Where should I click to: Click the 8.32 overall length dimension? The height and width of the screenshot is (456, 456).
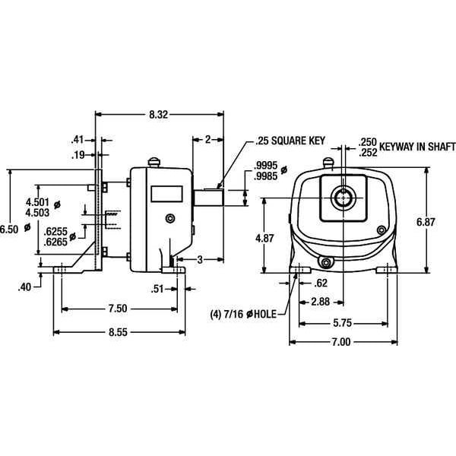pyautogui.click(x=158, y=114)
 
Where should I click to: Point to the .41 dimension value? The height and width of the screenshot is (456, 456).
pyautogui.click(x=77, y=139)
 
